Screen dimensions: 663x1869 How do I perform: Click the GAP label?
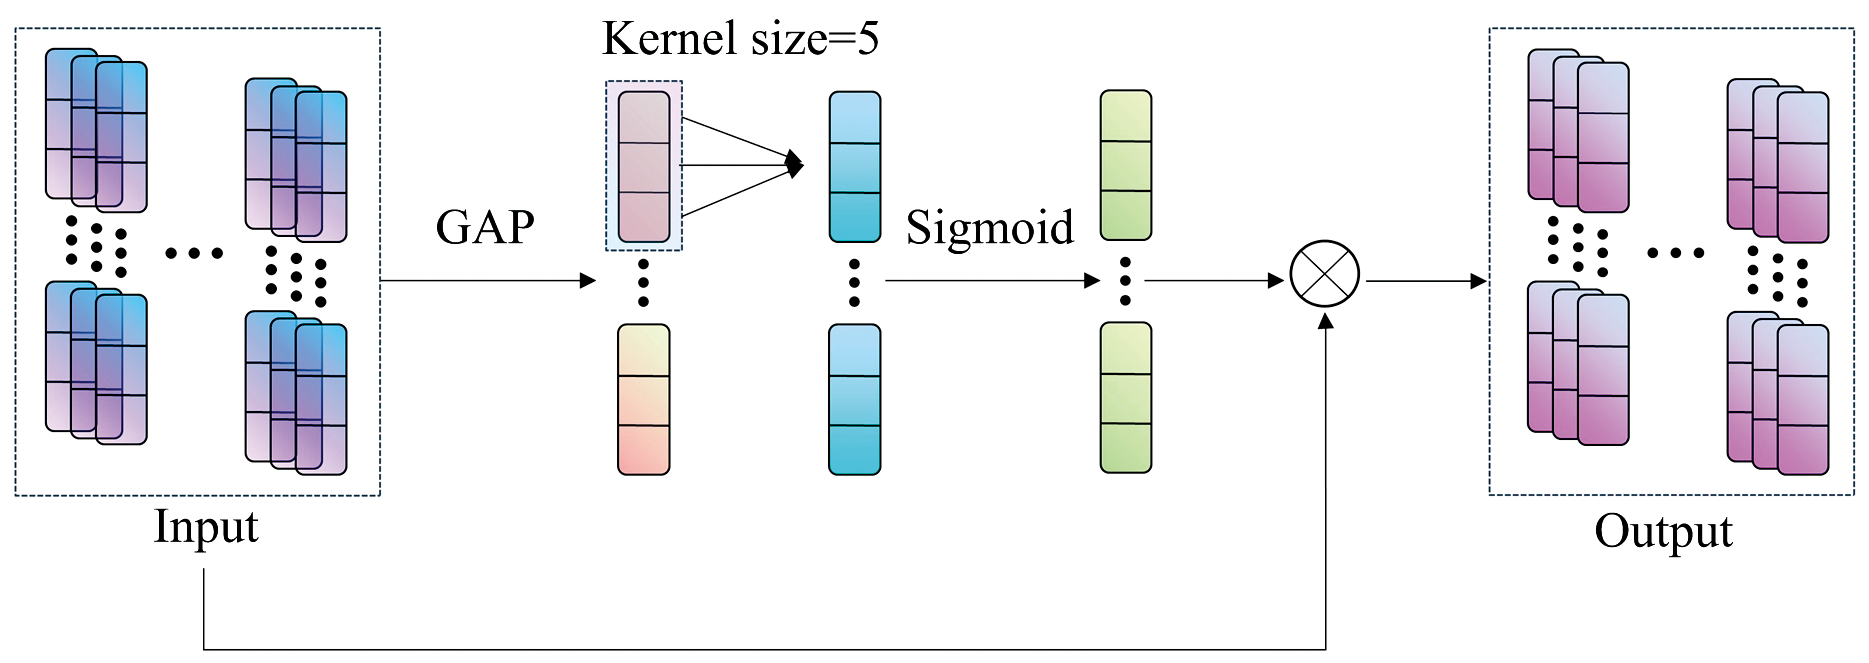[485, 227]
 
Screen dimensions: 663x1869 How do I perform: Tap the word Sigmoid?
[989, 228]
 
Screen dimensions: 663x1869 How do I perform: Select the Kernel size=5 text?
[740, 39]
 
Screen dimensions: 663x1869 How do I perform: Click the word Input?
[206, 527]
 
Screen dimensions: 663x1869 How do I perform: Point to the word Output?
[1663, 531]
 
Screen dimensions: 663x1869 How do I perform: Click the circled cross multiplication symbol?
[1324, 274]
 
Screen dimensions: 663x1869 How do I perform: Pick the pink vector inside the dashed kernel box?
[643, 166]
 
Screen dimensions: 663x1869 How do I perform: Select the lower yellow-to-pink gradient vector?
[643, 399]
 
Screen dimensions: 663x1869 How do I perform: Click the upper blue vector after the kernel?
[855, 167]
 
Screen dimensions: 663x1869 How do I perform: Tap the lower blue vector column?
[855, 399]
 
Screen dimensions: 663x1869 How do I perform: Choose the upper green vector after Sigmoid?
[1126, 165]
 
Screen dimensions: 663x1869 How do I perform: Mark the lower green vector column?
[1126, 397]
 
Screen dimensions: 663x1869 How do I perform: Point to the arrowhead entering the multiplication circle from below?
[1326, 320]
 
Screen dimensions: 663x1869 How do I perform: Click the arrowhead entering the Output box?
[1479, 281]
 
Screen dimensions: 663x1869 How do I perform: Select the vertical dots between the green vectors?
[1125, 281]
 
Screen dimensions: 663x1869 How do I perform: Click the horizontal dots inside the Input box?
[194, 253]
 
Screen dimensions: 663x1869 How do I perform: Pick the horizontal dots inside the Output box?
[1676, 253]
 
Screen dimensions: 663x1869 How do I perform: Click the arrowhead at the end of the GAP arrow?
[589, 281]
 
